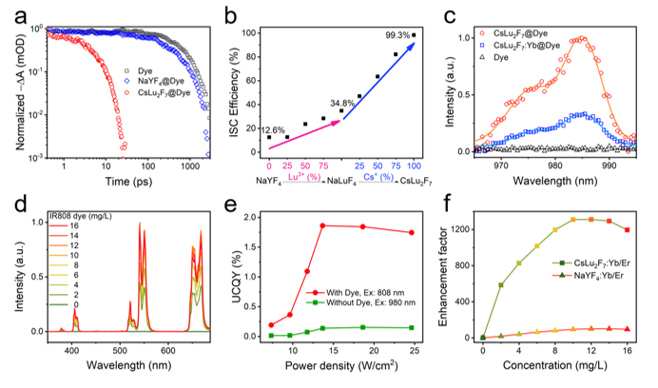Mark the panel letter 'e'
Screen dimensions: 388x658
tap(231, 203)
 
